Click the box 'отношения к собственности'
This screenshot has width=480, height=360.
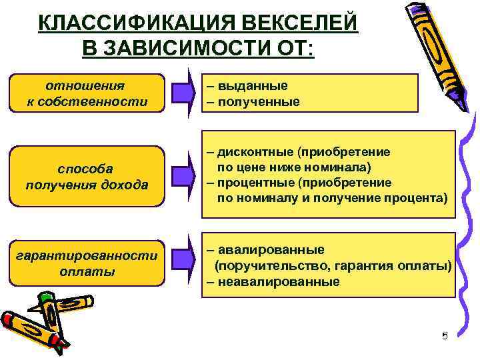pos(87,93)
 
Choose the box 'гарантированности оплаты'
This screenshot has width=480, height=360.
pos(87,263)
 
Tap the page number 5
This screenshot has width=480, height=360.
pos(445,335)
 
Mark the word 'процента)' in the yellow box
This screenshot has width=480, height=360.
pos(421,199)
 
